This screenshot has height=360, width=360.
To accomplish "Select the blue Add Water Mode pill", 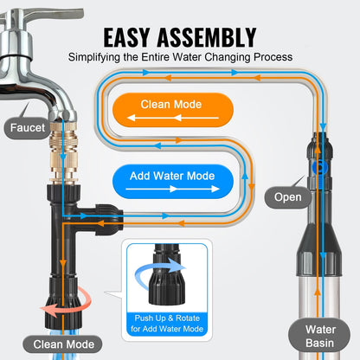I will pos(174,176).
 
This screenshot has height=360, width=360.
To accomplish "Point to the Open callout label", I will pos(288,197).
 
